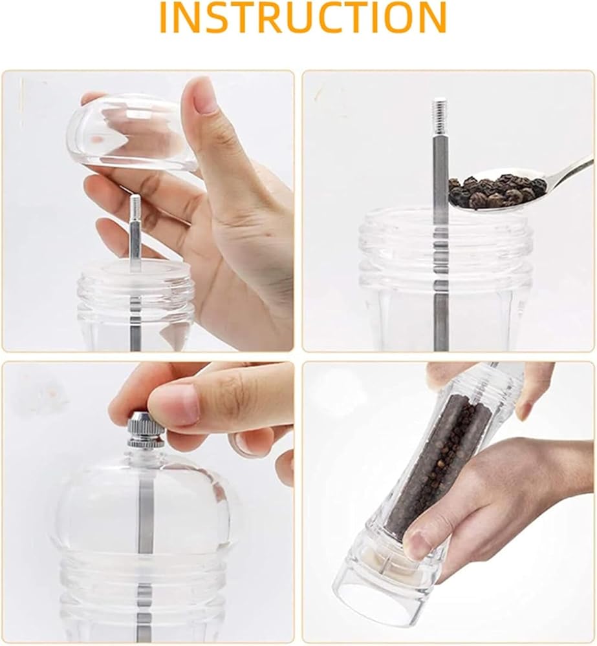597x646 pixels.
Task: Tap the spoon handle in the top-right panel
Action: (571, 169)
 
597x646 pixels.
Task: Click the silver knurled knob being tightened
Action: (146, 430)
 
